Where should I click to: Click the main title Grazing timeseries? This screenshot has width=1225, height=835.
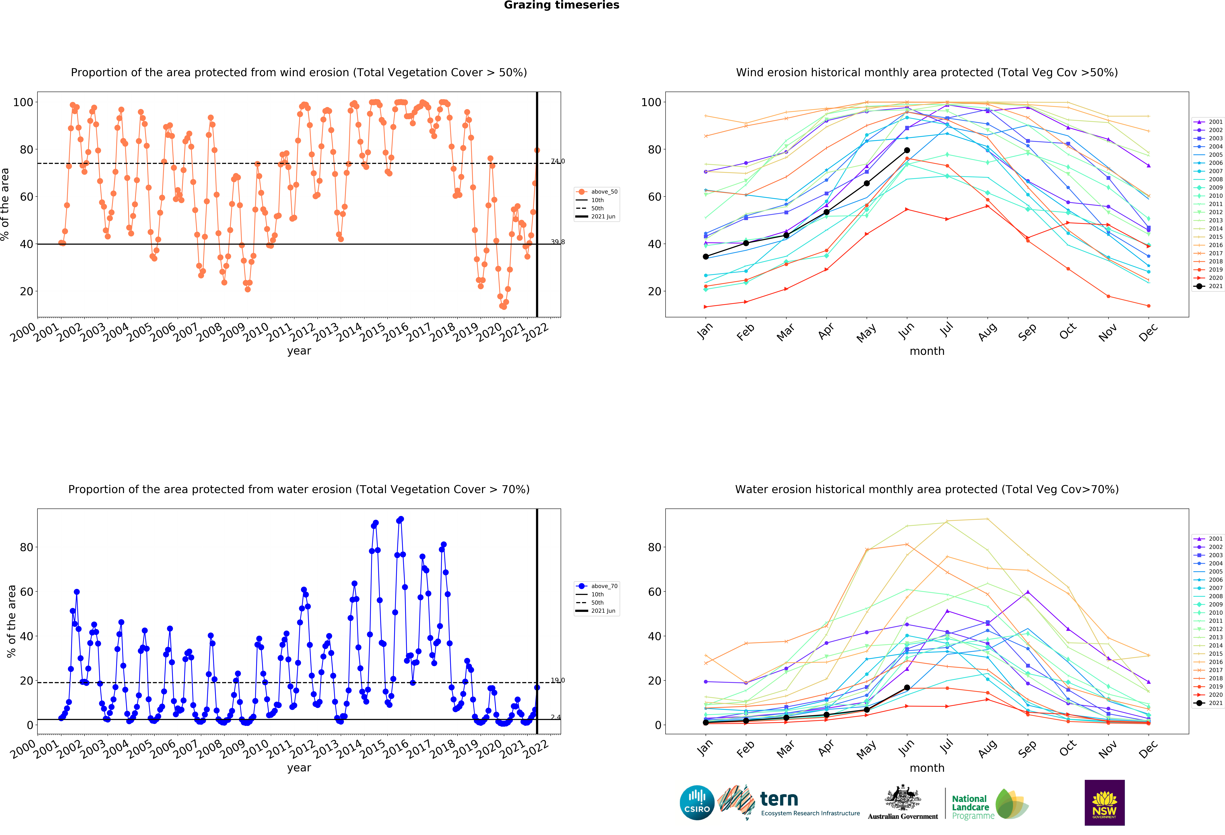coord(561,5)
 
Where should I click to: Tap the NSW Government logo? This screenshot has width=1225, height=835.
coord(1104,802)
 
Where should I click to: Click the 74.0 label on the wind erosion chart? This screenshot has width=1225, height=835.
coord(558,161)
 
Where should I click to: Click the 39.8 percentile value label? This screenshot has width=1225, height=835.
coord(558,242)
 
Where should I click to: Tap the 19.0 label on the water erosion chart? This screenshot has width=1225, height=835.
coord(558,681)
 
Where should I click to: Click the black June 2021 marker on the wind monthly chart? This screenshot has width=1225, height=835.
coord(907,150)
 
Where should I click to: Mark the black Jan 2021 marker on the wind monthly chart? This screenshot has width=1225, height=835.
coord(706,257)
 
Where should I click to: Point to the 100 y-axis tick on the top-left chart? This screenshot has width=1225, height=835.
coord(23,102)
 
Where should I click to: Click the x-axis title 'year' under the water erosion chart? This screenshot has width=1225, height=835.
coord(299,768)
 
